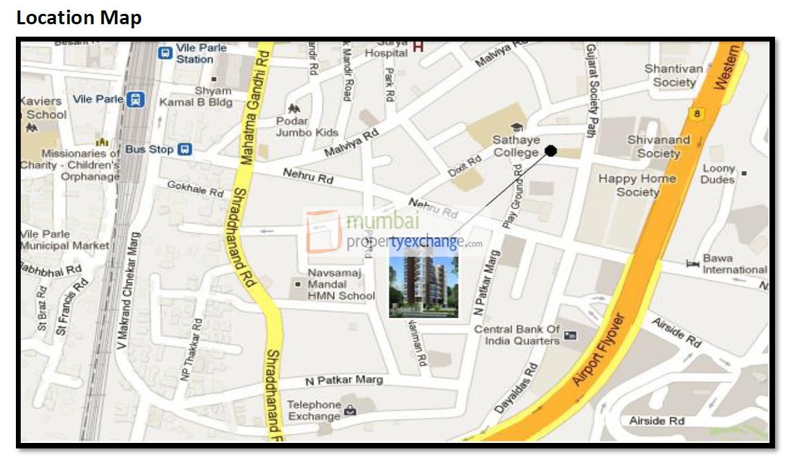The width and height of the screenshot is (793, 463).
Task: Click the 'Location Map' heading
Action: point(78,18)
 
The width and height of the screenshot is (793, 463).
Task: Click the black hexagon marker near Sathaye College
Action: point(551,151)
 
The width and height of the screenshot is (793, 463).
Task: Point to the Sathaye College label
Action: point(516,146)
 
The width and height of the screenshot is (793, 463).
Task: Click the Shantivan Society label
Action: point(673,75)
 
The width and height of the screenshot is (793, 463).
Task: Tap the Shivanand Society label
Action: point(658,146)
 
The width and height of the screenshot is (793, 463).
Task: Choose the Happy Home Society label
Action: point(637,185)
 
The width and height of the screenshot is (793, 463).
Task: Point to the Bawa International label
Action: point(734,264)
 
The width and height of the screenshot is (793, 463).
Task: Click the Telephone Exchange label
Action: point(314,410)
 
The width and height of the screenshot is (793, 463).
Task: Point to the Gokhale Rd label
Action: point(196,189)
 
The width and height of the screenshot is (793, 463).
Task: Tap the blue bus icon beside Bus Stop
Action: point(184,149)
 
